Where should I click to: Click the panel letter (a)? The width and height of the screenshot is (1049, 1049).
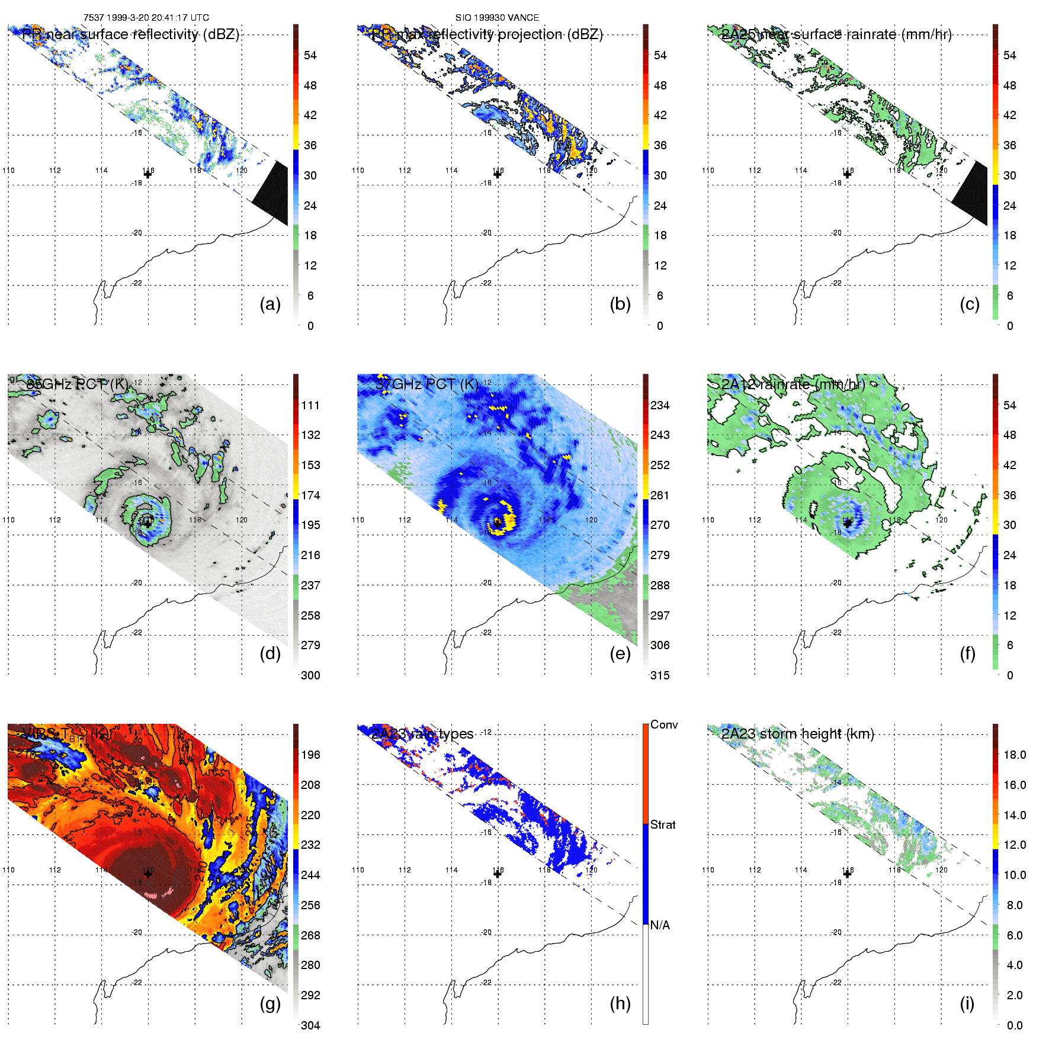click(270, 304)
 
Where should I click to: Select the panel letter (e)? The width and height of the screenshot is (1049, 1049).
click(620, 654)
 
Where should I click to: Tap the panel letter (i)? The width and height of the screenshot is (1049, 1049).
click(967, 1003)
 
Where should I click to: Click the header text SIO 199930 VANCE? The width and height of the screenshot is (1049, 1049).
click(497, 18)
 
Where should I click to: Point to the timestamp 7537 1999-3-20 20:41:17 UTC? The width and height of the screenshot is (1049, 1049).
click(146, 18)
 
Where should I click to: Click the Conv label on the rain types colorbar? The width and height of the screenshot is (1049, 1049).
click(663, 724)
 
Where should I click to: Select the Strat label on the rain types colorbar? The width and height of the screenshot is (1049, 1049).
click(663, 825)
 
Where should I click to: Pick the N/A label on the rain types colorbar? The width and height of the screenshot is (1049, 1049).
click(660, 925)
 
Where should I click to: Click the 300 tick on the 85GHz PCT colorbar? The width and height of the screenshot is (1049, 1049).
click(310, 675)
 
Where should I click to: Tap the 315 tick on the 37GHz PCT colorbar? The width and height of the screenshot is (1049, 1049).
click(660, 675)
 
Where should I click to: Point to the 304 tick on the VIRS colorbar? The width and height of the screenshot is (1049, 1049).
click(310, 1025)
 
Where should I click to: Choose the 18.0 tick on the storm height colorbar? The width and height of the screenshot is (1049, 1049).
click(1014, 755)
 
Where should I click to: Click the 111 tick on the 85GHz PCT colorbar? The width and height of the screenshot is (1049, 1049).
click(310, 405)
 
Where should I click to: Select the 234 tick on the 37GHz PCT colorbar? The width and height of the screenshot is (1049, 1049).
click(660, 405)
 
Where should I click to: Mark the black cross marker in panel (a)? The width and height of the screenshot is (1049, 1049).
click(147, 175)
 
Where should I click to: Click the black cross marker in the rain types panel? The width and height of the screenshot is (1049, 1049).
click(498, 874)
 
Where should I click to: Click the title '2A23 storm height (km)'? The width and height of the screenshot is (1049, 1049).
click(797, 734)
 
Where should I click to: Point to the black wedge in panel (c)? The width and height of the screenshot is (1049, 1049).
click(971, 193)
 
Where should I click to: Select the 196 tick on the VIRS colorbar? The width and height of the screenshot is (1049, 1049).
click(310, 755)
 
